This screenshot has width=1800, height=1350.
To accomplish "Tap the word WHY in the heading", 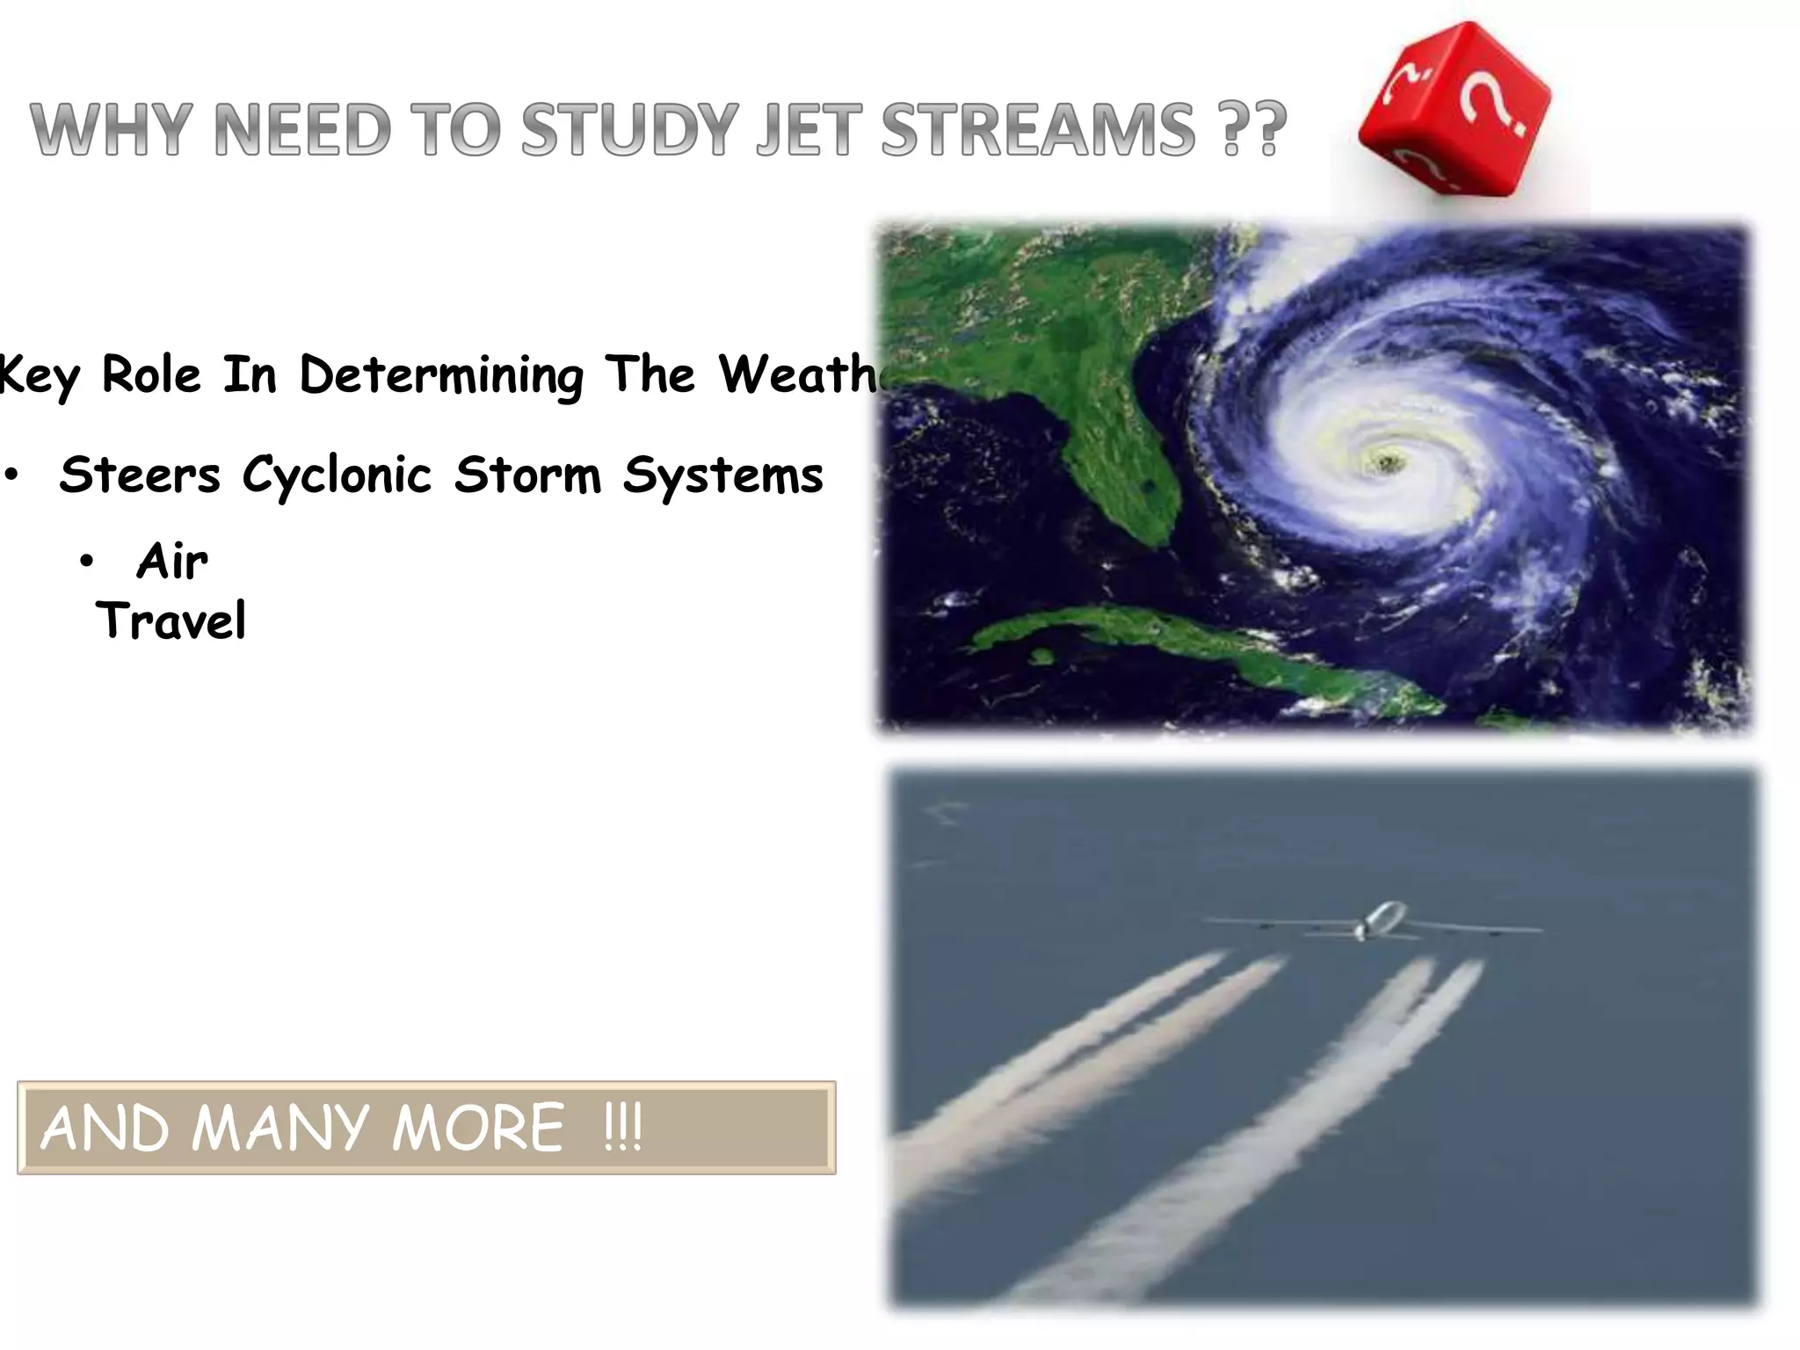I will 112,130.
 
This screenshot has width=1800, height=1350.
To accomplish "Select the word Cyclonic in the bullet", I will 337,475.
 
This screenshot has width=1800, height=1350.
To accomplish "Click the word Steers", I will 139,475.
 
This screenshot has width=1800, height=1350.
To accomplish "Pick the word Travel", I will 171,621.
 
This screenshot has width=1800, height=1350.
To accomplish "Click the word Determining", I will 441,375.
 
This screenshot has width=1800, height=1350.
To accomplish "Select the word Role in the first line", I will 151,375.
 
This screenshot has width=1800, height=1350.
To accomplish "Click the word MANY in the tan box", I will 279,1128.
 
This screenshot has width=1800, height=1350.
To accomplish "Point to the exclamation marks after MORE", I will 623,1128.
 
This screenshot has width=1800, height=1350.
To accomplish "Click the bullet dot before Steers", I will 11,475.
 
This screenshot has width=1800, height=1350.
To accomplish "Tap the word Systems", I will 722,475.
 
